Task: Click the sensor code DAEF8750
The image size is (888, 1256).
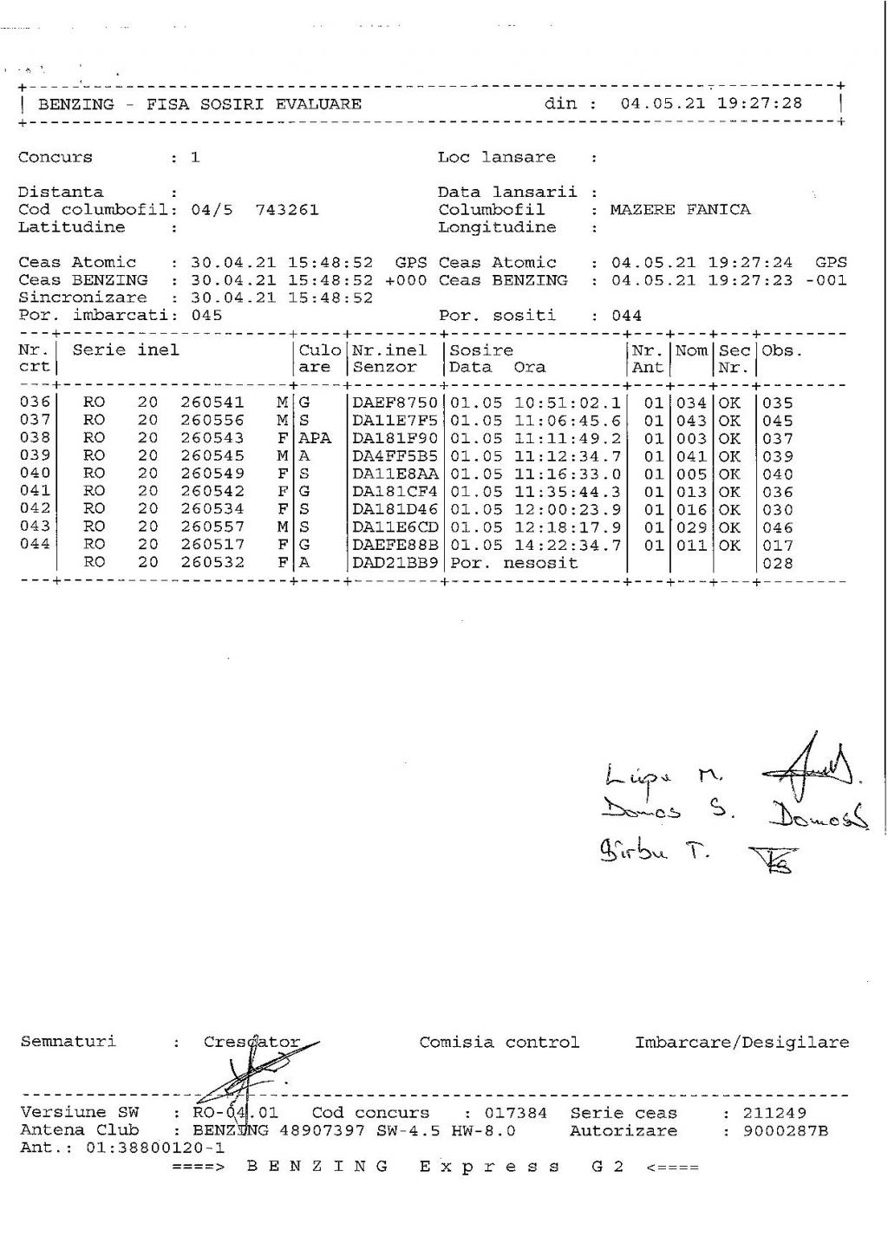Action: pyautogui.click(x=395, y=403)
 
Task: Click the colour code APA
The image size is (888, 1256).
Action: pyautogui.click(x=315, y=439)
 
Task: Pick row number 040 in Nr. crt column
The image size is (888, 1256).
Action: pyautogui.click(x=36, y=474)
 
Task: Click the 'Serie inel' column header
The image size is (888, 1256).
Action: pyautogui.click(x=126, y=350)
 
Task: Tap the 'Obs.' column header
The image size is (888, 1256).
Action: pyautogui.click(x=782, y=350)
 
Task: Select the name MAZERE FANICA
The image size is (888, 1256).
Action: pyautogui.click(x=680, y=210)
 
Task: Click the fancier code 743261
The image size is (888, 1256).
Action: pyautogui.click(x=287, y=210)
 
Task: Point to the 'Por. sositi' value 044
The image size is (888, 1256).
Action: pyautogui.click(x=626, y=316)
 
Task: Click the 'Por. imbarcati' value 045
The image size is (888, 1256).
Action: pyautogui.click(x=206, y=316)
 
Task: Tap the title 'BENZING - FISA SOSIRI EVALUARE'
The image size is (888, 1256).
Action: pyautogui.click(x=200, y=105)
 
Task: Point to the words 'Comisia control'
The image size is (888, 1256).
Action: pyautogui.click(x=499, y=1043)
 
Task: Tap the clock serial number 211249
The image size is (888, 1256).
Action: pyautogui.click(x=774, y=1113)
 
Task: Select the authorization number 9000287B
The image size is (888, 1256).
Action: pyautogui.click(x=786, y=1131)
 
